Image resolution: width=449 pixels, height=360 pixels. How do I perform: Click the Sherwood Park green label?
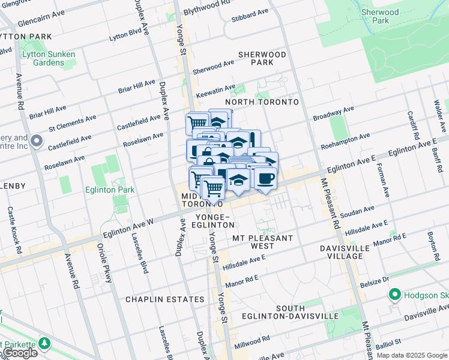pos(379,16)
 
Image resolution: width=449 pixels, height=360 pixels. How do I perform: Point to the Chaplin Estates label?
pos(164,299)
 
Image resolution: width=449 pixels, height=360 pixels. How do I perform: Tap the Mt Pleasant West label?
pos(262,242)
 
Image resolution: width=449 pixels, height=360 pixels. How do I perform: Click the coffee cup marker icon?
pos(265,178)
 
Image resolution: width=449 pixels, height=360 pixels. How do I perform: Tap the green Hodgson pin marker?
pos(395,295)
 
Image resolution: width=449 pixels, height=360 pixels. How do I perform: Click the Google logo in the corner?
pos(20,353)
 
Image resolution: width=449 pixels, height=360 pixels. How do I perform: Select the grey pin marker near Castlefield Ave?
pos(37,142)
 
